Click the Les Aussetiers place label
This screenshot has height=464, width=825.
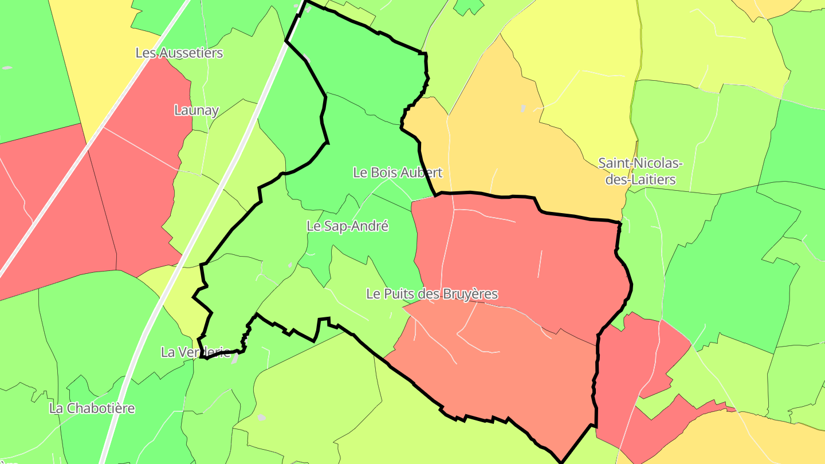[x=179, y=53]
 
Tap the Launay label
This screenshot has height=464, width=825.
[x=197, y=110]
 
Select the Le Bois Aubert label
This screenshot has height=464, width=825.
[x=398, y=172]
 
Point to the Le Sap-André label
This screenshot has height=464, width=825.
[x=348, y=226]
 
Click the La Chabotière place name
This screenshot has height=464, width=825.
[x=92, y=408]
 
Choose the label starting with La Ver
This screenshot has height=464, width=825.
[x=195, y=352]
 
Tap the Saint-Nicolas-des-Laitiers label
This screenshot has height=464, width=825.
[x=641, y=171]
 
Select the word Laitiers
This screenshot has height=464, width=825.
[x=650, y=179]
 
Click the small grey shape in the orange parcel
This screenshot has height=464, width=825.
[x=523, y=108]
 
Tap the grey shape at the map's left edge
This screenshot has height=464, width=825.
[x=7, y=68]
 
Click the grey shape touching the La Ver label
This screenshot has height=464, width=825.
[x=235, y=359]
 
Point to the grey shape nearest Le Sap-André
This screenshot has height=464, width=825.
[x=290, y=265]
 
